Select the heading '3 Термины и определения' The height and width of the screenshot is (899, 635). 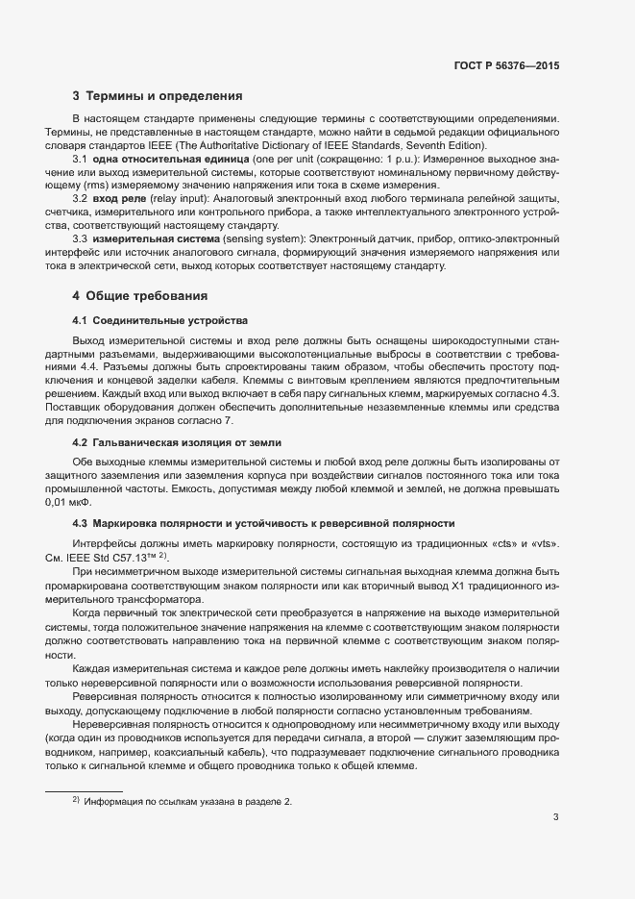pyautogui.click(x=157, y=96)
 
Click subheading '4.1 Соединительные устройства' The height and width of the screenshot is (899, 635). pyautogui.click(x=159, y=319)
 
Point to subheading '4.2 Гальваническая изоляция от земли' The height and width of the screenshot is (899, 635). pyautogui.click(x=178, y=441)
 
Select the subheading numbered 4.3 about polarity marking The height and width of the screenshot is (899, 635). pyautogui.click(x=263, y=523)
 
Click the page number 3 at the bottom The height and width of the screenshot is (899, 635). pyautogui.click(x=555, y=818)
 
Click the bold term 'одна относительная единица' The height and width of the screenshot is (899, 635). pyautogui.click(x=158, y=158)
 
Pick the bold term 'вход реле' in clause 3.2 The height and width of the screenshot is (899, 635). pyautogui.click(x=118, y=198)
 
